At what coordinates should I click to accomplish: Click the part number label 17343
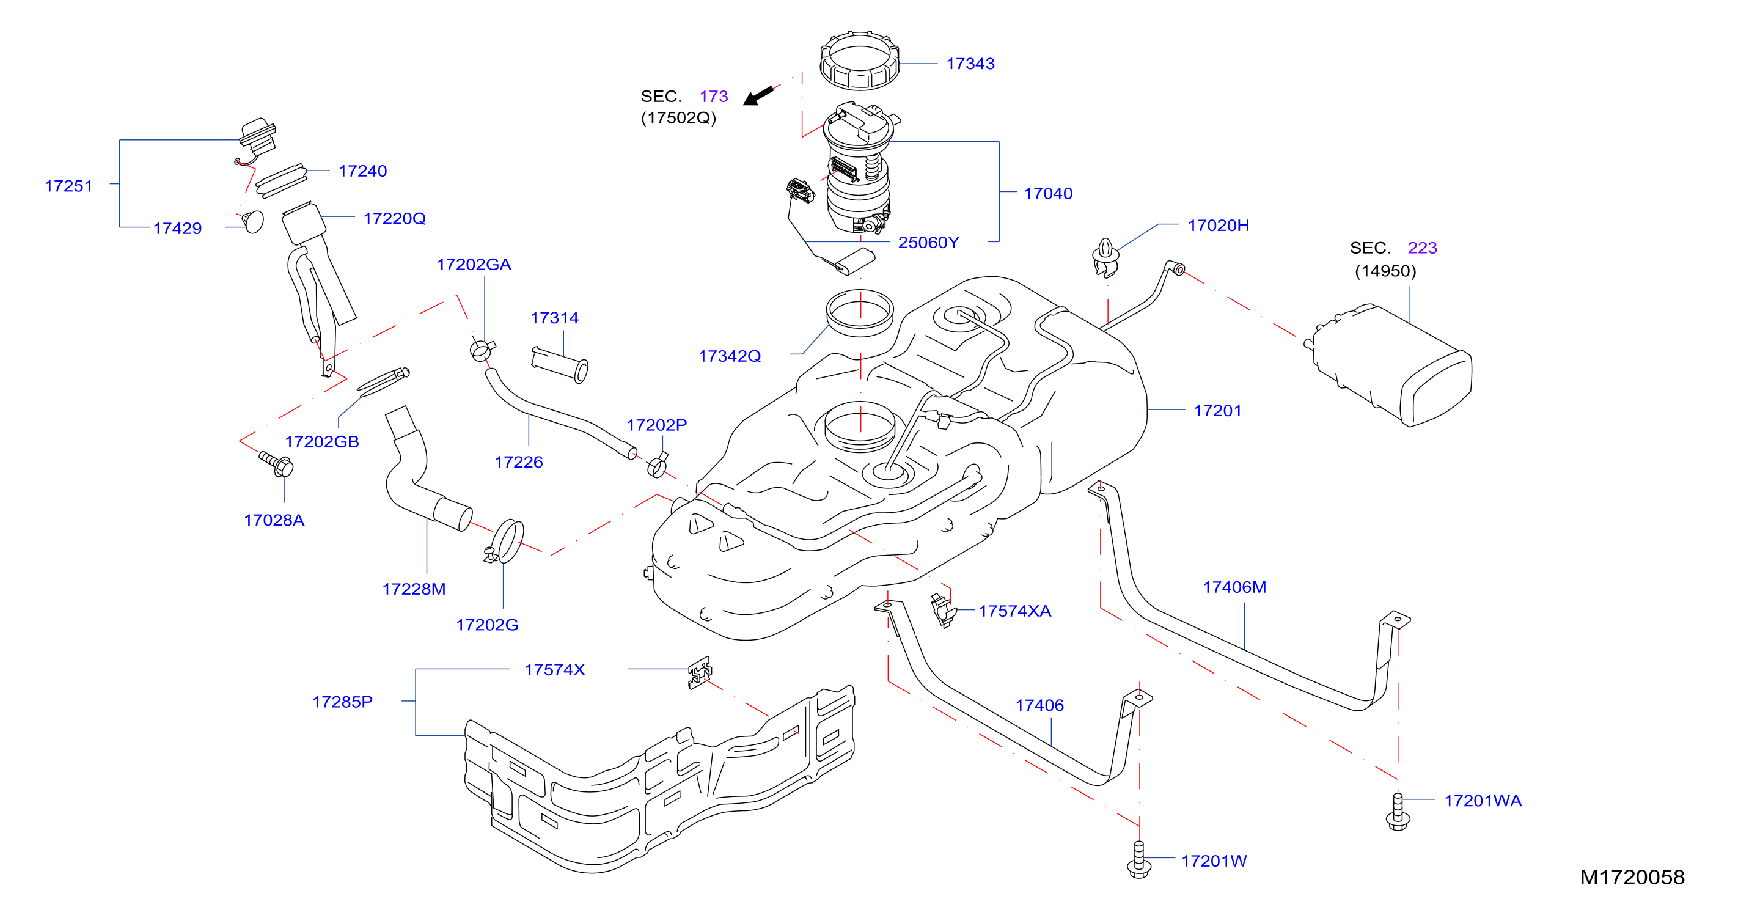970,64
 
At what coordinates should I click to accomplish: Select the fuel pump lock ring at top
860,60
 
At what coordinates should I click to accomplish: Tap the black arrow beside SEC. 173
758,95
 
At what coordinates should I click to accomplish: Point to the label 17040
1048,193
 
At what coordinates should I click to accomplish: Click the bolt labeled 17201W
1139,859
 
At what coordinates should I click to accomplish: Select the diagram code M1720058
1632,877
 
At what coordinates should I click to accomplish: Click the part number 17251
68,186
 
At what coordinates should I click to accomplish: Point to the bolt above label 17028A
276,463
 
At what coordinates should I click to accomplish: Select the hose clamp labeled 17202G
506,542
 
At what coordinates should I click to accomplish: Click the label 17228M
414,589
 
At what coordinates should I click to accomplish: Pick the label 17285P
342,702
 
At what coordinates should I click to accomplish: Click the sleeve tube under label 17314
559,365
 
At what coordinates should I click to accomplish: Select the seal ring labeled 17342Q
860,313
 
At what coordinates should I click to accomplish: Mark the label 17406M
1234,587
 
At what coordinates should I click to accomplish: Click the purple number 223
1422,248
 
